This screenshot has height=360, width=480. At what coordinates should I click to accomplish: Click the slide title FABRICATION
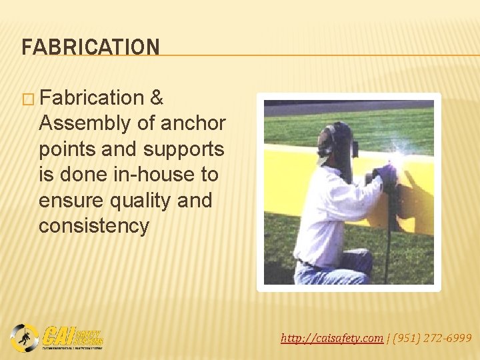coord(91,47)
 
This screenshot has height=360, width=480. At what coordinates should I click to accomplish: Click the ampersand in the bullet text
coord(157,98)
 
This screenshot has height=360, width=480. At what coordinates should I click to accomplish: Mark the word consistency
coord(93,225)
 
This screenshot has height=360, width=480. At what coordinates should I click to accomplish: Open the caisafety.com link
coord(332,338)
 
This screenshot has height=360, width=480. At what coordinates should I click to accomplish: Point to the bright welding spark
coord(398,157)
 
